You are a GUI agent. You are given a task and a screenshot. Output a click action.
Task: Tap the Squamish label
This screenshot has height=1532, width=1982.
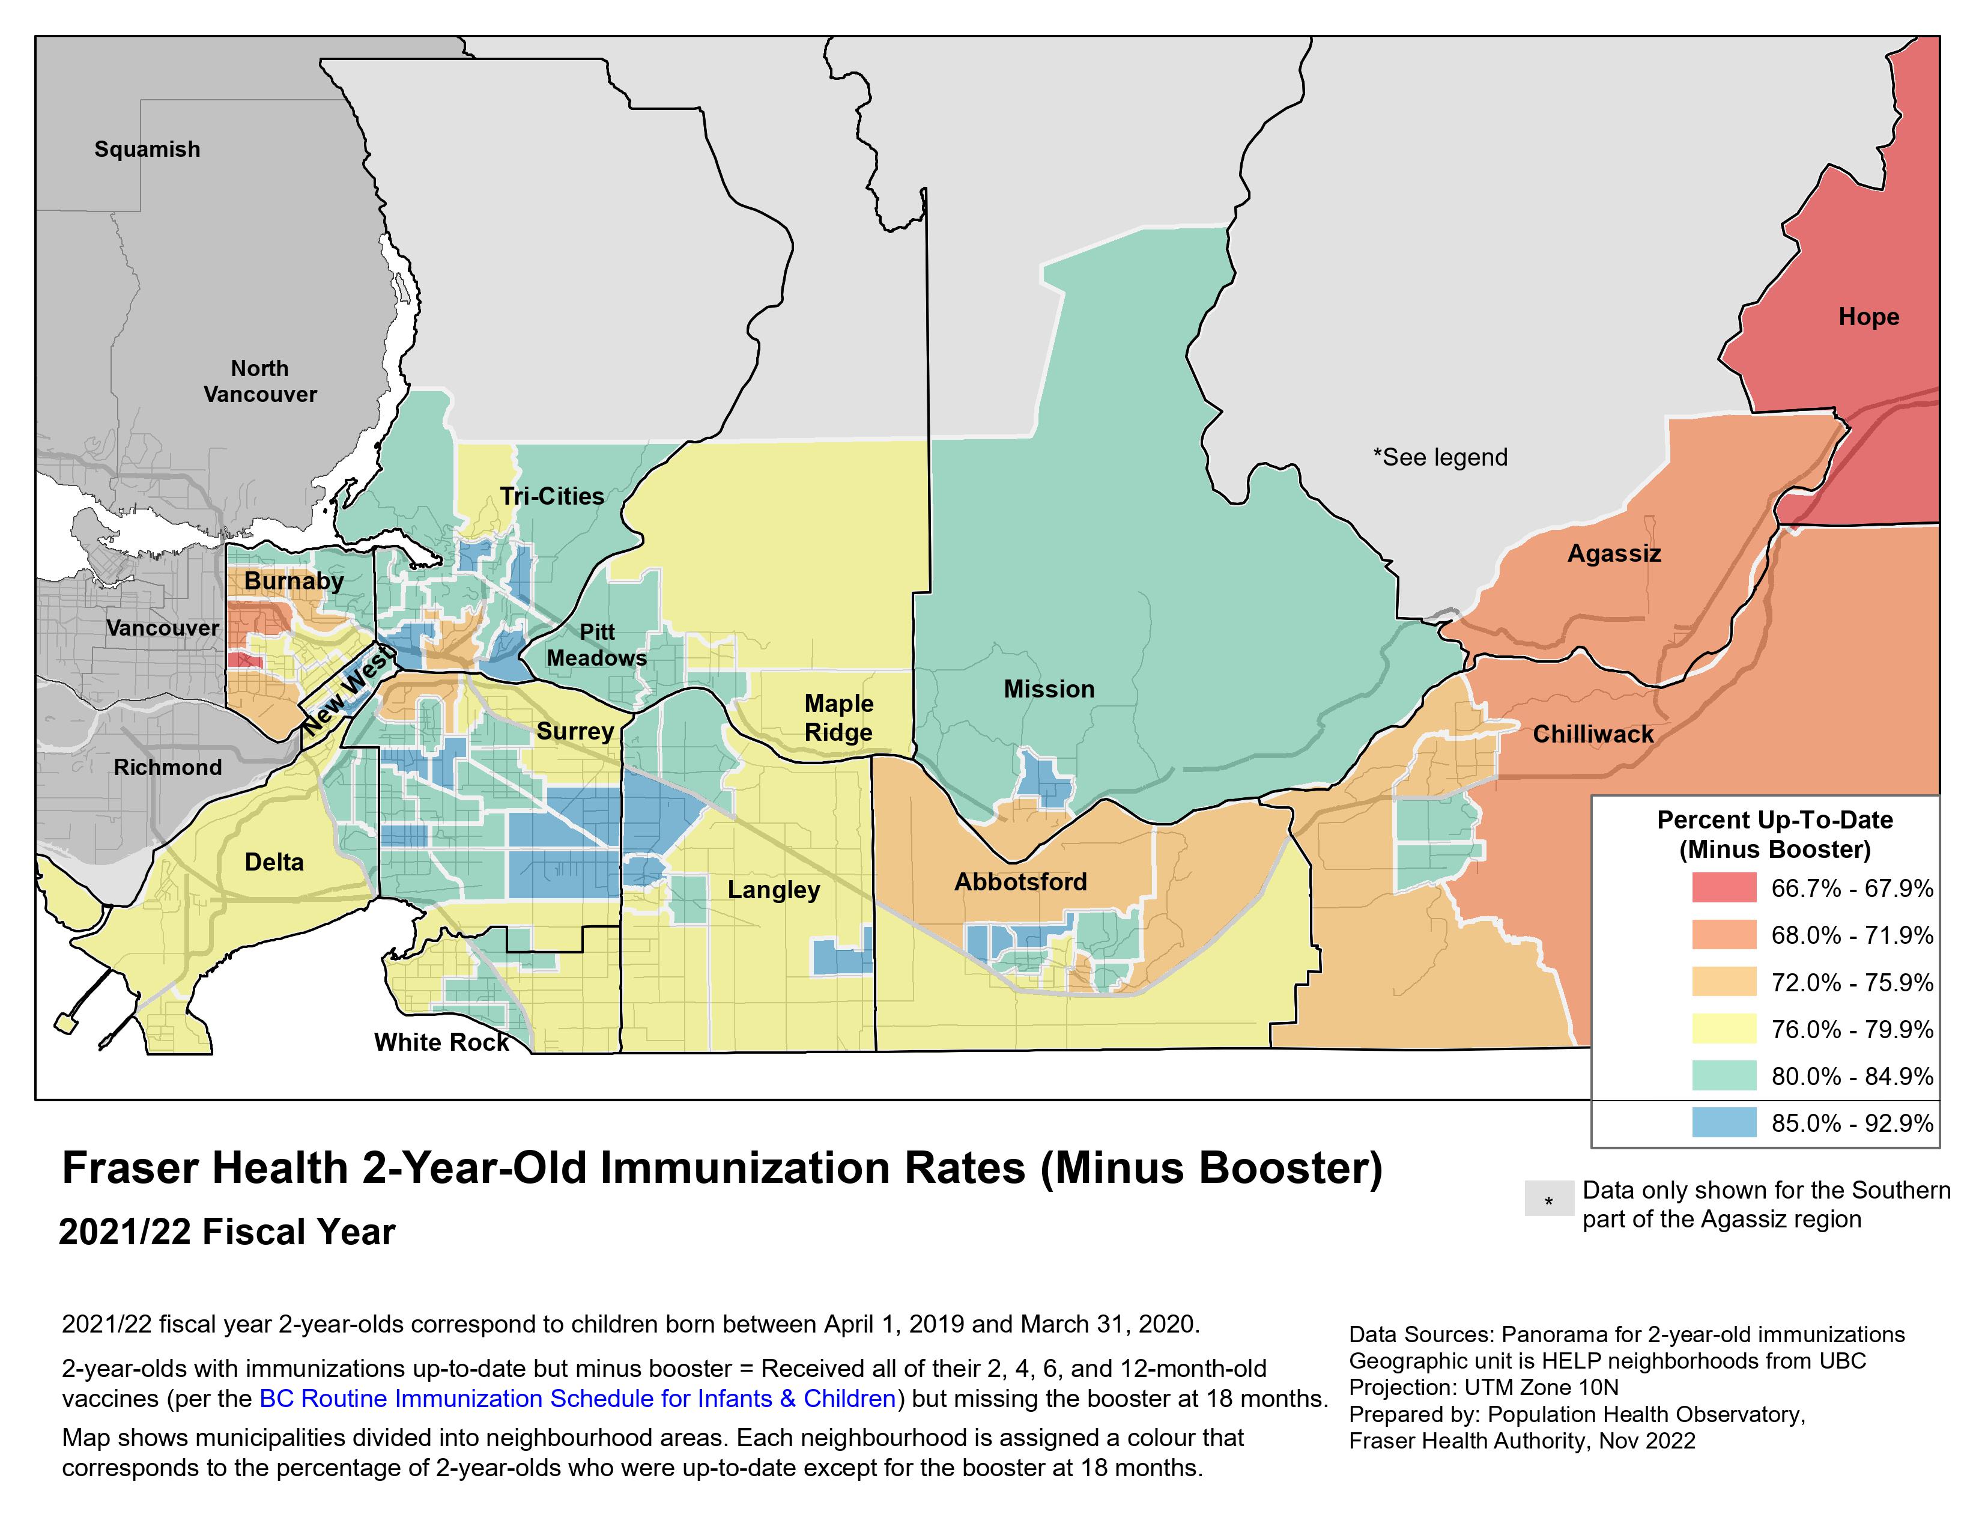pos(147,149)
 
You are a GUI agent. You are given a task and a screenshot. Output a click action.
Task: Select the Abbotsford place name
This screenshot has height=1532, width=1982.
pos(1020,881)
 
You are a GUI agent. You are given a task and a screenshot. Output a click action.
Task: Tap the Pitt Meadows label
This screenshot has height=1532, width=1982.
pos(596,645)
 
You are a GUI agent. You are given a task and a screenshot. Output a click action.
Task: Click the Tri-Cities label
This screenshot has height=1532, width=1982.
pos(552,496)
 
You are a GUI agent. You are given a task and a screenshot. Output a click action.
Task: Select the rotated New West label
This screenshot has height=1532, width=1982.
pos(347,692)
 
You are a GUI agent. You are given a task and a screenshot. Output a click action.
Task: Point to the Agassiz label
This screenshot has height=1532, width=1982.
pos(1614,554)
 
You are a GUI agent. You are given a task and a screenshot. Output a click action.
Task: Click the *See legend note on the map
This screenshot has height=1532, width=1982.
pos(1440,457)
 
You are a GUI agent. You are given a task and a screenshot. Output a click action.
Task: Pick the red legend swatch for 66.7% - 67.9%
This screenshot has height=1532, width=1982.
pos(1723,887)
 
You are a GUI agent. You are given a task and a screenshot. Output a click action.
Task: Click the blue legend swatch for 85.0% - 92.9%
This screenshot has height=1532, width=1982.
pos(1723,1123)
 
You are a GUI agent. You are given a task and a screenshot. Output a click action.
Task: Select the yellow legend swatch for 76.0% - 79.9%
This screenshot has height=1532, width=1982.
pos(1723,1029)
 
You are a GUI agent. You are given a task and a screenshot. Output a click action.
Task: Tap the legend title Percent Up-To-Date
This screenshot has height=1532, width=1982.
pos(1774,821)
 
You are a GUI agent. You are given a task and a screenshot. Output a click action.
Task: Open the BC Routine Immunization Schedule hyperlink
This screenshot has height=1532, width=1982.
pos(577,1399)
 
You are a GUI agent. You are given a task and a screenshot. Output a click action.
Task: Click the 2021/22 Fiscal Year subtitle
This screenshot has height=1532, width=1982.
pos(227,1232)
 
